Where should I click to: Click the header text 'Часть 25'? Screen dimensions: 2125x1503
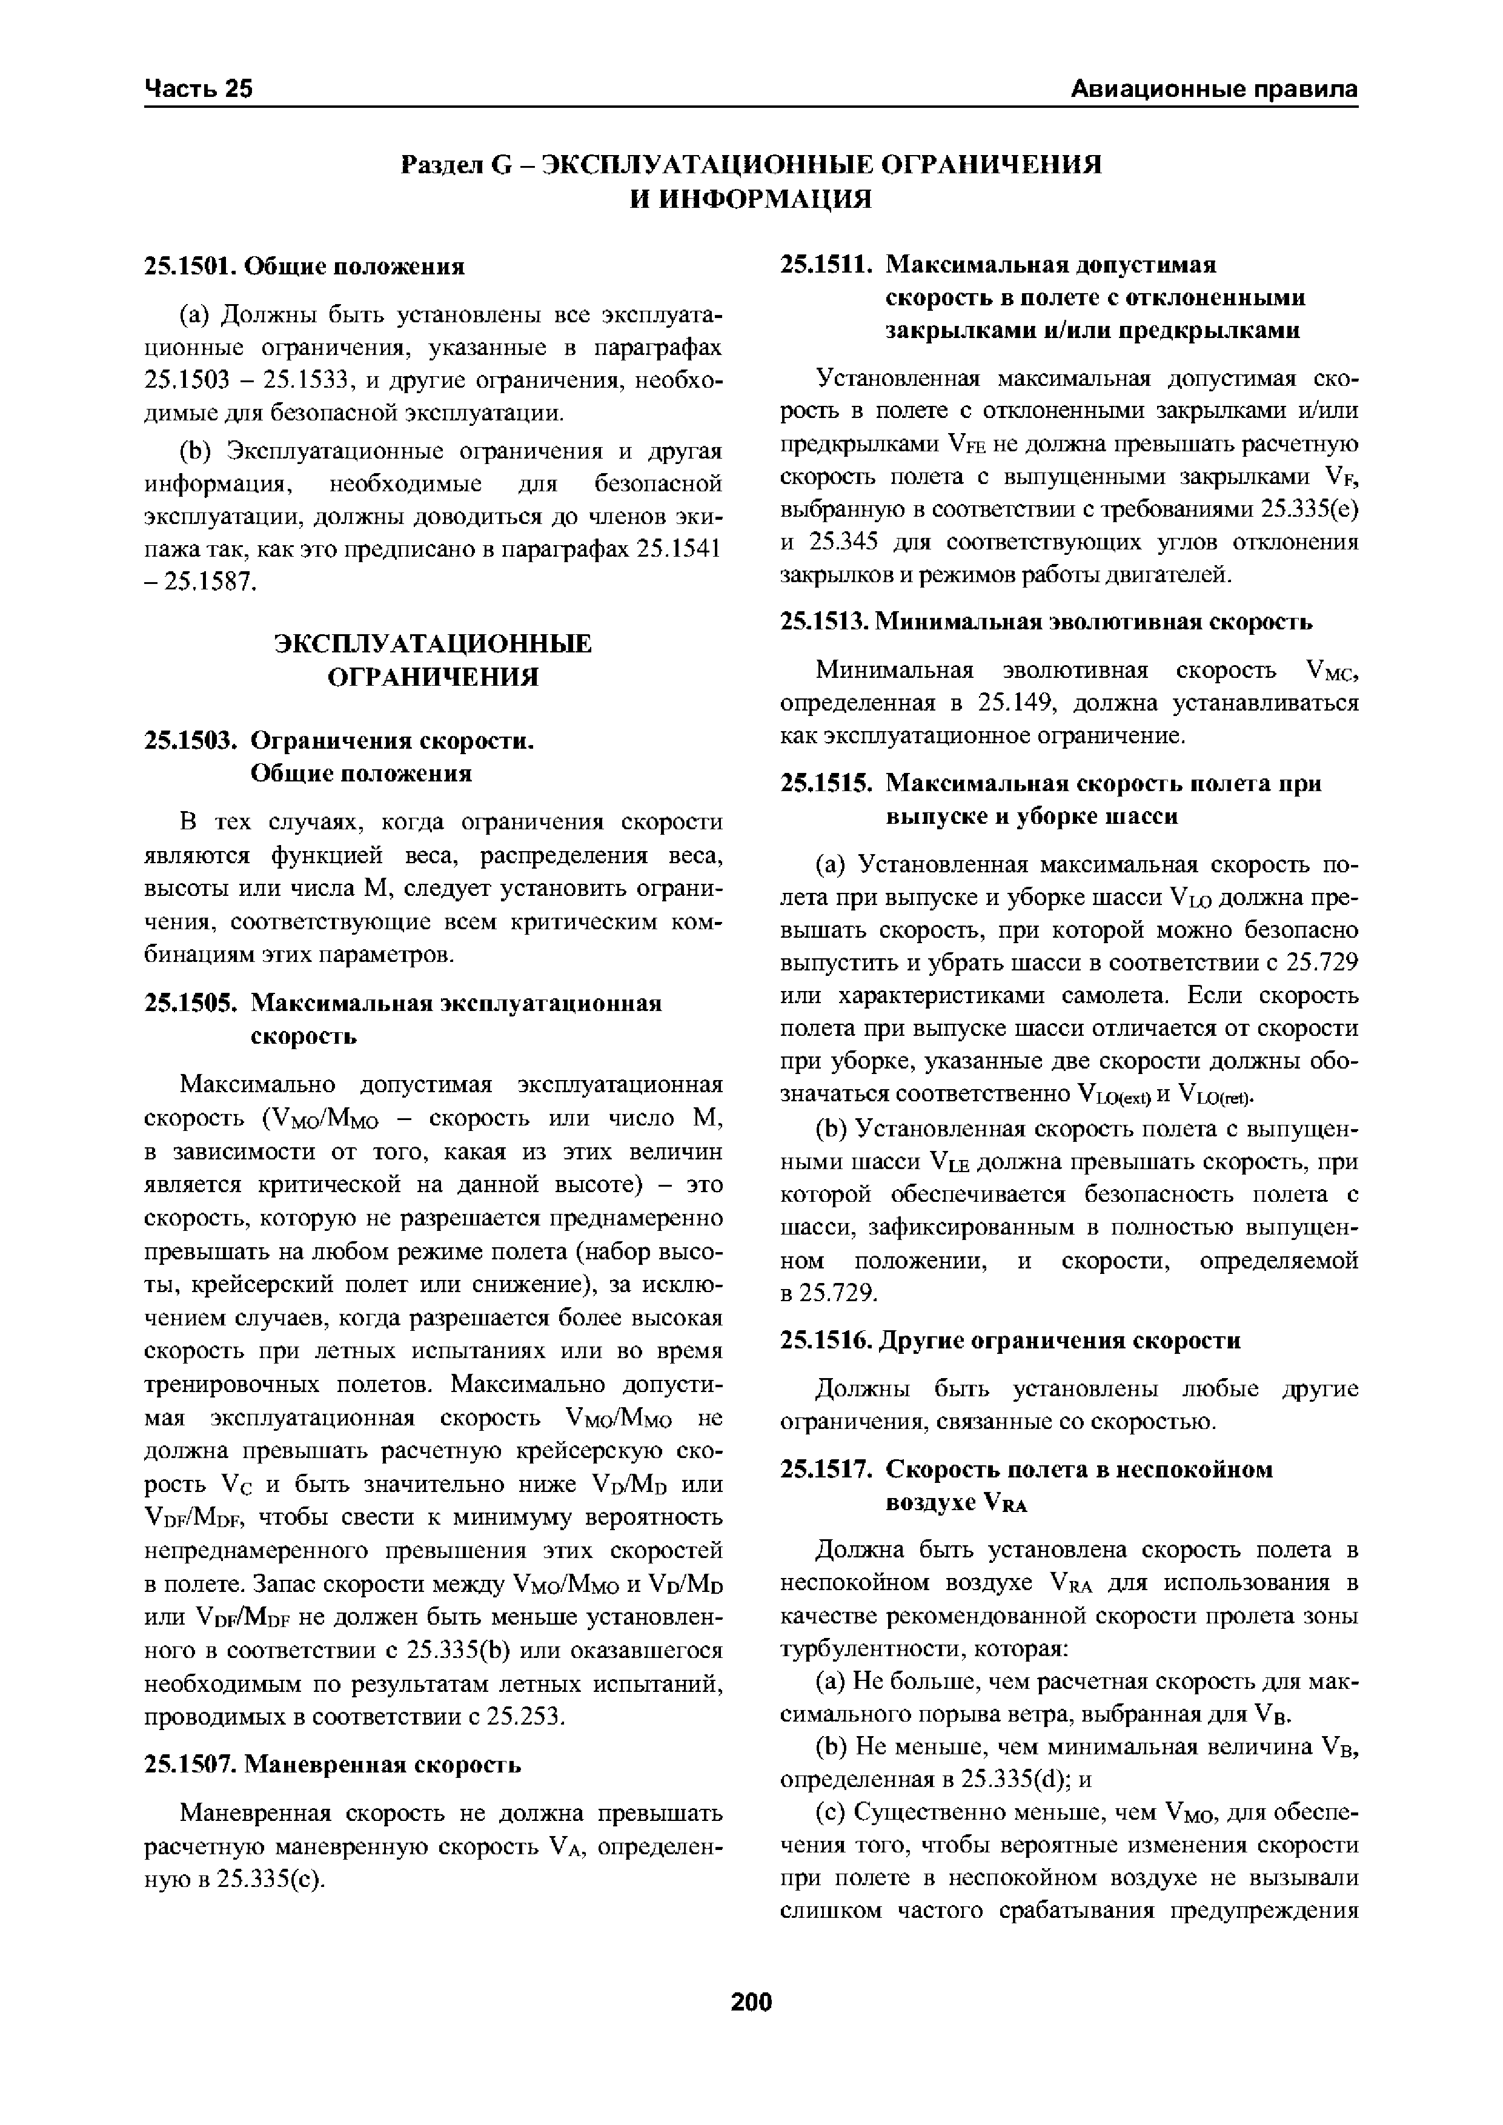[x=199, y=89]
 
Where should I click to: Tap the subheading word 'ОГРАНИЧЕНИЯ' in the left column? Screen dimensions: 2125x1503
[x=434, y=677]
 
